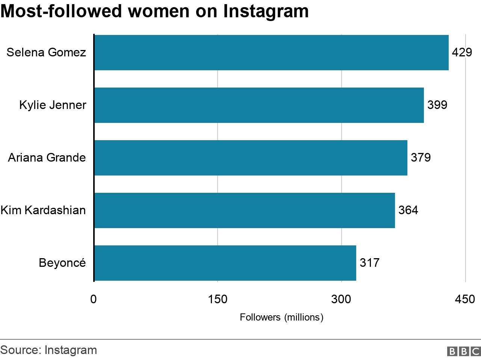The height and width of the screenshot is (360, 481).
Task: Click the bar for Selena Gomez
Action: (271, 53)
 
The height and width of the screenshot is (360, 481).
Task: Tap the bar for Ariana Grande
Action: (250, 158)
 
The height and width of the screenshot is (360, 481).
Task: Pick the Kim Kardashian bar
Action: (244, 210)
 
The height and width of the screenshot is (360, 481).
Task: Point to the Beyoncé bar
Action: (225, 263)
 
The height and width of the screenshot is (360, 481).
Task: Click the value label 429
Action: (462, 52)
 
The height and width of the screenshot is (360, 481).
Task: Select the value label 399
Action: (437, 105)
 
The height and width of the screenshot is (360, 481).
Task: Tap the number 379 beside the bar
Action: (420, 157)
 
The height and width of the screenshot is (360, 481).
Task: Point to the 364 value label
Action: (408, 210)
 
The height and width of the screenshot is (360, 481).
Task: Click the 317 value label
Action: (369, 263)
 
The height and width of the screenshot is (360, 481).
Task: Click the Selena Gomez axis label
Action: (46, 52)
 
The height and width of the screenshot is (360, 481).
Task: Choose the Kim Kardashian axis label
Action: (43, 210)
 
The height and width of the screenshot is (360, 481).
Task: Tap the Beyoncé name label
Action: (62, 263)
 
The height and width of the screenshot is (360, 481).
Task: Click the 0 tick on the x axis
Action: (94, 299)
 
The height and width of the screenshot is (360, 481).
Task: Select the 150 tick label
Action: (218, 299)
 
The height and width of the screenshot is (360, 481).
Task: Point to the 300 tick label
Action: (341, 299)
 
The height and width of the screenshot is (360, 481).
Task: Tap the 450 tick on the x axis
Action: (465, 299)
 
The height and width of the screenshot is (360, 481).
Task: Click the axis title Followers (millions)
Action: (281, 318)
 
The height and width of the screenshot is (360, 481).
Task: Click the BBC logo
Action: (464, 351)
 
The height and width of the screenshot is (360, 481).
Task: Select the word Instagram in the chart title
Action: (266, 11)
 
